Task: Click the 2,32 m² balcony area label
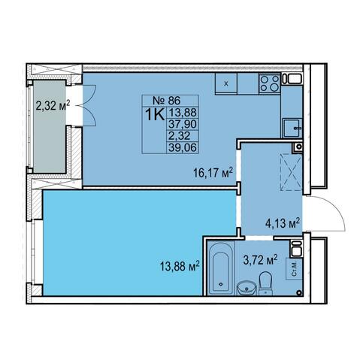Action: tap(53, 105)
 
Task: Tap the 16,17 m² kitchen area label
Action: tap(213, 173)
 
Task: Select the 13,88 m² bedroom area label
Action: tap(180, 266)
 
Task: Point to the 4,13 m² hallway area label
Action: tap(283, 223)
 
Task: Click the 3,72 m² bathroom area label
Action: tap(261, 260)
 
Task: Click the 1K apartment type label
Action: tap(155, 114)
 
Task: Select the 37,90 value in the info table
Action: tap(183, 124)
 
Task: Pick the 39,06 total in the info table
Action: tap(183, 147)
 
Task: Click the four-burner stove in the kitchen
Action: tap(269, 83)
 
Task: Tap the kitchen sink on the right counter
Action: tap(292, 128)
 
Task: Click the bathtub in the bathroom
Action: tap(221, 268)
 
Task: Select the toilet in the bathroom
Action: tap(265, 283)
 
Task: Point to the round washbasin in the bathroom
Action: tap(247, 288)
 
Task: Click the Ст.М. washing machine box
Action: tap(295, 269)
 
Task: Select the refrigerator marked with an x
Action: tap(226, 83)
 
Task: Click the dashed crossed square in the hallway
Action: tap(291, 173)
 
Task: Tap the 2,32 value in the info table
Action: tap(180, 136)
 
